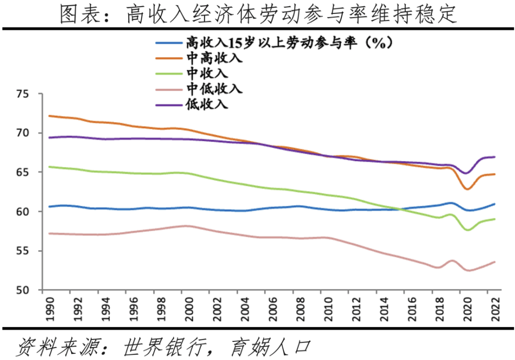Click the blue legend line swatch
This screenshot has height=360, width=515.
(x=169, y=43)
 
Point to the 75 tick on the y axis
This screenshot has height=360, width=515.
(x=22, y=94)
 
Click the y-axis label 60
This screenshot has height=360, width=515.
(x=22, y=212)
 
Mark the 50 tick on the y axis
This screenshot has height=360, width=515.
(x=22, y=290)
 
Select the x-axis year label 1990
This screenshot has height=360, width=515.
(x=50, y=309)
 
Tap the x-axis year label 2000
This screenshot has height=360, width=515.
(x=189, y=309)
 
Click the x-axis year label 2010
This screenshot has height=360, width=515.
(x=328, y=309)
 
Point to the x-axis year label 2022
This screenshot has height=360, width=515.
(x=495, y=309)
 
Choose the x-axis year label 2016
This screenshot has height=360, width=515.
(x=411, y=309)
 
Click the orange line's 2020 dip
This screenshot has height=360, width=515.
(x=467, y=189)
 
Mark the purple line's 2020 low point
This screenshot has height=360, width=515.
(x=466, y=173)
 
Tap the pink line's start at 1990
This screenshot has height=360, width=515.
(x=49, y=233)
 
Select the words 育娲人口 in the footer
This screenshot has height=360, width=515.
(x=271, y=347)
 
